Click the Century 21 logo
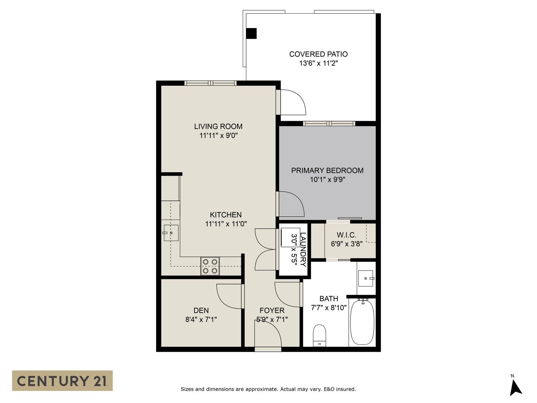pos(62,380)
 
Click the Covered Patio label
pos(318,54)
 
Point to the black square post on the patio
pos(251,34)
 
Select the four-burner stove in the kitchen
pos(210,266)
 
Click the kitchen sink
pos(171,233)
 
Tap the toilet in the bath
pos(319,335)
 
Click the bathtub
pos(362,322)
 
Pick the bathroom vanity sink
pos(366,278)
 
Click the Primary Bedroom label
pos(327,170)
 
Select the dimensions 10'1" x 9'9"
pos(327,179)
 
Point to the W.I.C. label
pos(347,235)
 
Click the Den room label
pos(201,310)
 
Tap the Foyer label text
pos(272,310)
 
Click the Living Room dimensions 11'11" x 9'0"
pos(218,135)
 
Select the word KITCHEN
pos(226,215)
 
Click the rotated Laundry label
pos(303,249)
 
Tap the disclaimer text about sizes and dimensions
pos(268,389)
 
